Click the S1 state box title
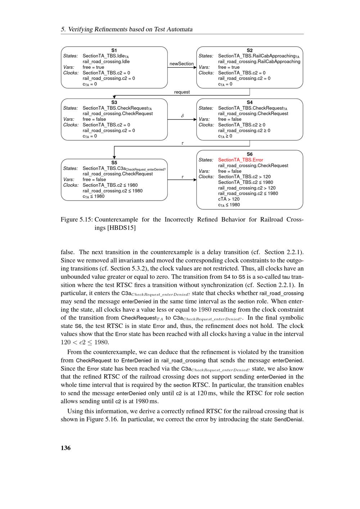[x=114, y=50]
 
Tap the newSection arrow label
[x=181, y=64]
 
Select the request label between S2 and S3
[x=182, y=92]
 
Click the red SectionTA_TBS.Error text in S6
[x=240, y=160]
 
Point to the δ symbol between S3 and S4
[x=183, y=116]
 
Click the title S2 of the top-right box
[x=249, y=50]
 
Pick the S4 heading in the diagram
[x=249, y=103]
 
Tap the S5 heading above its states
[x=114, y=163]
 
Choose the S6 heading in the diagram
[x=249, y=154]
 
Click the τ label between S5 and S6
[x=183, y=177]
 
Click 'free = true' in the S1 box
[x=93, y=67]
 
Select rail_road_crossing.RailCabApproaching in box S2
[x=259, y=62]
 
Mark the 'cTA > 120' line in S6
[x=229, y=199]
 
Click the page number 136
[x=66, y=448]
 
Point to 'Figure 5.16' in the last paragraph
[x=102, y=419]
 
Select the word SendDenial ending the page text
[x=289, y=419]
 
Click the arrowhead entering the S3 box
[x=114, y=97]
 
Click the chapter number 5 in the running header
[x=63, y=30]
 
